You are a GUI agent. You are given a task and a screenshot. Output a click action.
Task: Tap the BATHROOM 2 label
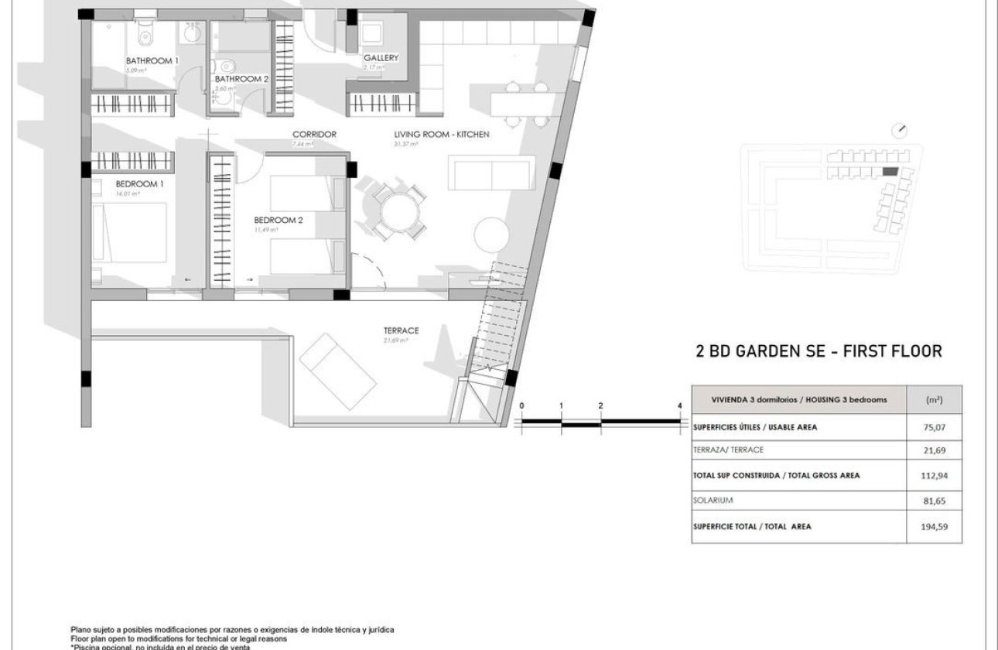(x=241, y=79)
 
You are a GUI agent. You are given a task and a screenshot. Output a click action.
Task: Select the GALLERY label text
(x=381, y=58)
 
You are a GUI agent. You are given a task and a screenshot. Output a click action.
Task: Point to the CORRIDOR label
(x=314, y=135)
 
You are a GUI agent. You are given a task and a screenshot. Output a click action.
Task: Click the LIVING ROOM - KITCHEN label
(x=442, y=135)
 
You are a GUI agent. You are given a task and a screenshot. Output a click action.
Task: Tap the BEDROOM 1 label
(x=139, y=184)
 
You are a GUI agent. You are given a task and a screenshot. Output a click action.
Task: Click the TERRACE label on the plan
(x=401, y=330)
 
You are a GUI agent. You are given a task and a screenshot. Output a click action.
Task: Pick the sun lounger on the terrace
(x=338, y=371)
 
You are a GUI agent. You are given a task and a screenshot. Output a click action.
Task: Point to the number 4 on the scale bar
(x=679, y=405)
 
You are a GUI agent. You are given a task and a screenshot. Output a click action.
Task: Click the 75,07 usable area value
(x=935, y=426)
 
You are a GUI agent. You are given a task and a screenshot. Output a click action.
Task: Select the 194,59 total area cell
(x=935, y=527)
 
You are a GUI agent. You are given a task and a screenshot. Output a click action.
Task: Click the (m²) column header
(x=934, y=400)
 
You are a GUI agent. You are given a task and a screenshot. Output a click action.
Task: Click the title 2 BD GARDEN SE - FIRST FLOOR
(x=819, y=352)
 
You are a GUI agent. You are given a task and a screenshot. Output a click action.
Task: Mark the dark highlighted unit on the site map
(x=890, y=171)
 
